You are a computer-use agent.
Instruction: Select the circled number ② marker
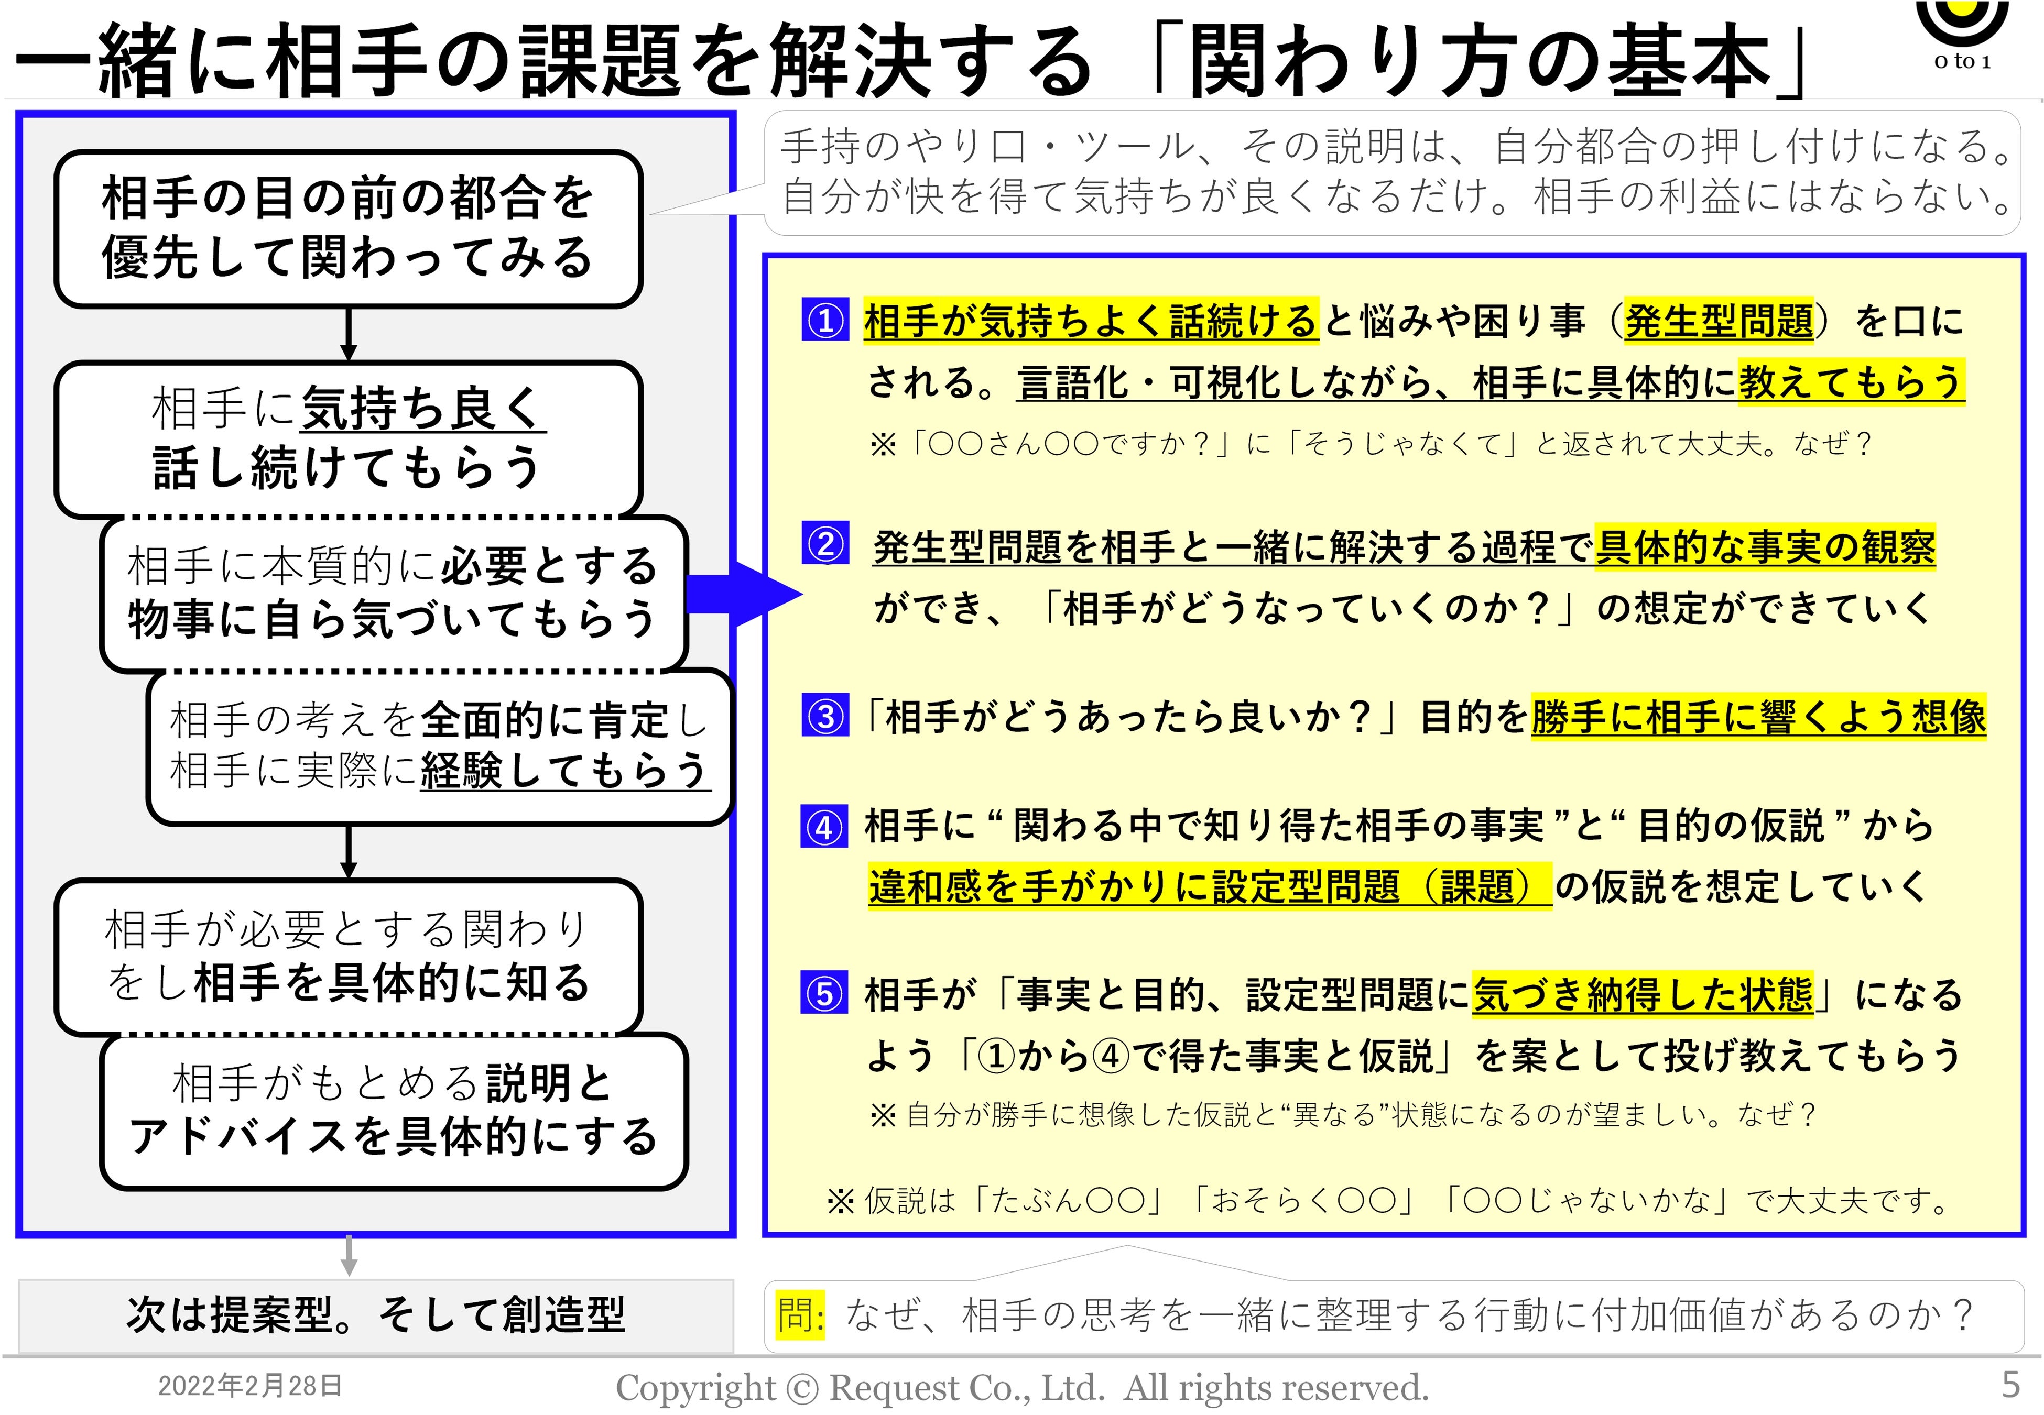coord(825,543)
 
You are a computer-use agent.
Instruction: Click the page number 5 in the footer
coord(2010,1384)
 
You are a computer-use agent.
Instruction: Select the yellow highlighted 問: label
coord(801,1315)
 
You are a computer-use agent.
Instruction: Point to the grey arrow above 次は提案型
coord(350,1255)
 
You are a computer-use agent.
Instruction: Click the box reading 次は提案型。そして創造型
coord(376,1315)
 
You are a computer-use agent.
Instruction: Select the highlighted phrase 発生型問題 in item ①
coord(1719,320)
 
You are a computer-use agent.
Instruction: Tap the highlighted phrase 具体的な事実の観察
coord(1765,546)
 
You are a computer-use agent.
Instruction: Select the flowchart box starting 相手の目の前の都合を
coord(349,229)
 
